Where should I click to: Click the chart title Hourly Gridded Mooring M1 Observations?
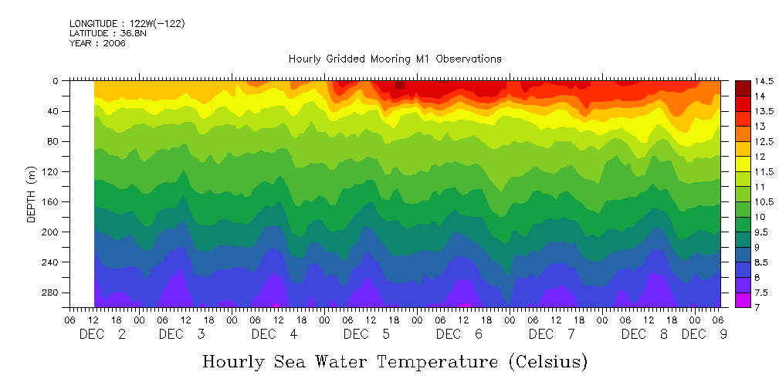tap(395, 59)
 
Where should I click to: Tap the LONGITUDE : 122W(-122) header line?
tap(127, 24)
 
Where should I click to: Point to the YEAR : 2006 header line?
tap(97, 43)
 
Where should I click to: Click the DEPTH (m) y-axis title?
tap(32, 198)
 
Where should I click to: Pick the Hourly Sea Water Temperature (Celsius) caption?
tap(395, 361)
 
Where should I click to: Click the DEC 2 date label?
tap(103, 334)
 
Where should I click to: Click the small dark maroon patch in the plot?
tap(399, 86)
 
